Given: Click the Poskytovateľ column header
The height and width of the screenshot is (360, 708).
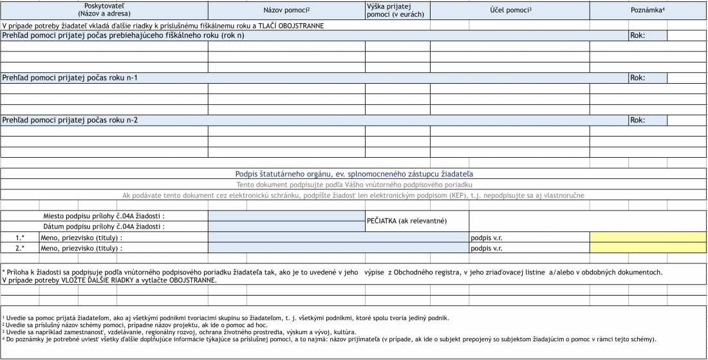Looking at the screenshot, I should click(104, 9).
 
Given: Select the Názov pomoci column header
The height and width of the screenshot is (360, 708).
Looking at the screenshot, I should click(286, 10).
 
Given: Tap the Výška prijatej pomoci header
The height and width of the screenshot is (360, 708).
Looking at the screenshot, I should click(397, 10).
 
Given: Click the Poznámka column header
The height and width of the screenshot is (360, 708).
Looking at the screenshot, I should click(647, 10).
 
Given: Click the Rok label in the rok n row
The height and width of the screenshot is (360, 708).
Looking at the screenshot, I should click(638, 35).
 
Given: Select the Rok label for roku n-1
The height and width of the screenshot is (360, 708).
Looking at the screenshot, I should click(638, 78).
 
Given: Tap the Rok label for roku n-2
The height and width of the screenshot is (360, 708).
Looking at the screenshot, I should click(638, 120).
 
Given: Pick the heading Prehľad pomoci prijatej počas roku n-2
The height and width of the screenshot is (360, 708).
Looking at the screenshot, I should click(71, 120).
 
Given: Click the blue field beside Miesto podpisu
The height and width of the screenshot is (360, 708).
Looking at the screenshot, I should click(286, 216).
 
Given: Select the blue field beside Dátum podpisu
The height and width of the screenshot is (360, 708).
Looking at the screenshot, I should click(286, 226).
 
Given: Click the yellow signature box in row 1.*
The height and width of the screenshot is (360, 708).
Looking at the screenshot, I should click(647, 237).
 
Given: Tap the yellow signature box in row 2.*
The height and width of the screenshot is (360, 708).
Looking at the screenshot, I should click(647, 247).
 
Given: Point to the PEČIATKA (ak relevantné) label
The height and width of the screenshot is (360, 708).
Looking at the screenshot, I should click(407, 221).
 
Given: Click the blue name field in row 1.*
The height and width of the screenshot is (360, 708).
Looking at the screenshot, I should click(338, 237).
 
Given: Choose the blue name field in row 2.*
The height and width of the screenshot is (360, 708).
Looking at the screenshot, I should click(338, 247).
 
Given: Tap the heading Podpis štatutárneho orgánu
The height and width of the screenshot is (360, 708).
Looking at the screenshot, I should click(353, 174).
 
